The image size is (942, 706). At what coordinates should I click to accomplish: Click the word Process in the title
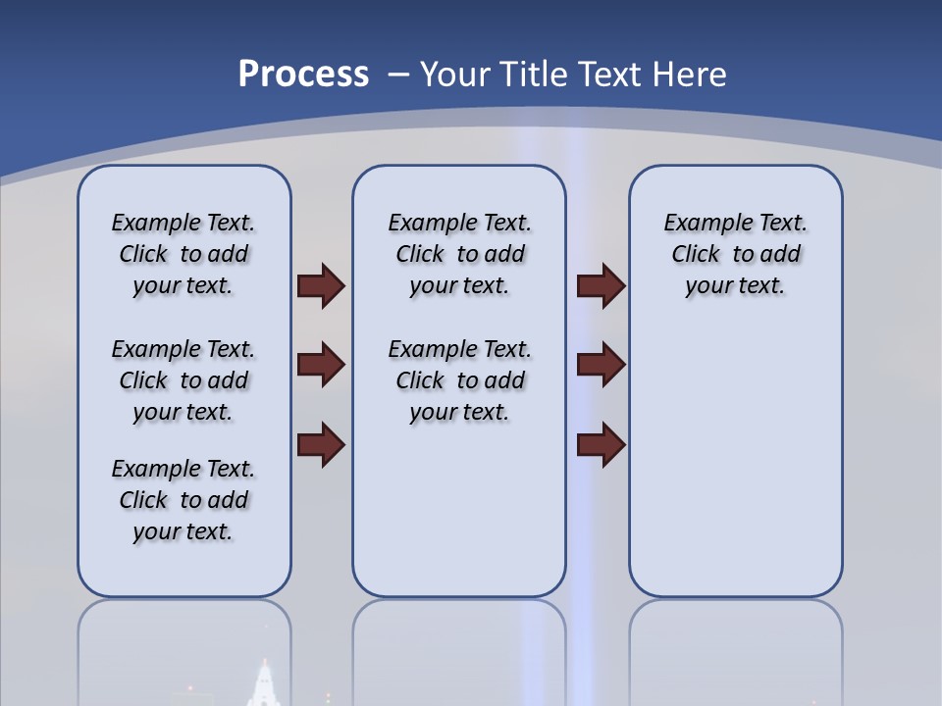(303, 75)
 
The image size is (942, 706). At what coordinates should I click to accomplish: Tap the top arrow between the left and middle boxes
(321, 286)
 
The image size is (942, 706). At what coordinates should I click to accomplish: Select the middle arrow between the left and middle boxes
(321, 366)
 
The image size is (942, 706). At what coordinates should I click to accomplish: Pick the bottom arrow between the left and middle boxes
(321, 446)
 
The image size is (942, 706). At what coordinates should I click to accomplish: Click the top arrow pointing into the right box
(601, 286)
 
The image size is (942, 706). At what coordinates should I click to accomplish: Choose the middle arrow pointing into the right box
(601, 366)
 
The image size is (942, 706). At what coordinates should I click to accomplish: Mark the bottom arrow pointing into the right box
(601, 446)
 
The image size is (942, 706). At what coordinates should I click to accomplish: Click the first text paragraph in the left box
(183, 254)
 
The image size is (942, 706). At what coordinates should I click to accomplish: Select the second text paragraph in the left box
(183, 380)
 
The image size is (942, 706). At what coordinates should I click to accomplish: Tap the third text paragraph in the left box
(183, 500)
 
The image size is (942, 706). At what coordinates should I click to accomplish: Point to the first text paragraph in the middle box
(459, 254)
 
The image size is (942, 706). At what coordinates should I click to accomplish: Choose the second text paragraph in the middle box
(459, 380)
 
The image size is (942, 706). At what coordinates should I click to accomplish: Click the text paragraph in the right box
(735, 254)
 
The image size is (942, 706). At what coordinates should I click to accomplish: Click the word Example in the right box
(701, 223)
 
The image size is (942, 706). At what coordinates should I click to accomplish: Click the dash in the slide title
(398, 75)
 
